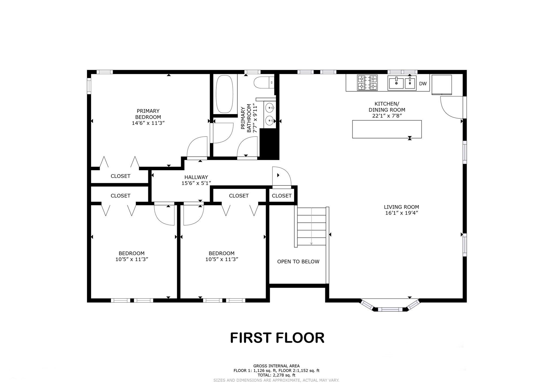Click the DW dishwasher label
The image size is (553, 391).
coord(423,84)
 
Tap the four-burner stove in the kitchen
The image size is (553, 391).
coord(367,83)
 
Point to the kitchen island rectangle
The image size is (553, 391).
coord(387,129)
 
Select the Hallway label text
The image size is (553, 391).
coord(196,177)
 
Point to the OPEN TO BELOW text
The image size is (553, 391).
coord(298,261)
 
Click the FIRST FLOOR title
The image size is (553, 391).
coord(277,338)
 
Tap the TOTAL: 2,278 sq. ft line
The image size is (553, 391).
coord(276,375)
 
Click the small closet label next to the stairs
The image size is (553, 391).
coord(281,196)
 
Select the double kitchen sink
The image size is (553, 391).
coord(402,83)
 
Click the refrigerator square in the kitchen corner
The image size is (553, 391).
coord(441,84)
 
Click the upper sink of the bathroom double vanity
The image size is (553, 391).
coord(269,108)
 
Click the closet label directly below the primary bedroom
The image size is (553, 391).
coord(120,176)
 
